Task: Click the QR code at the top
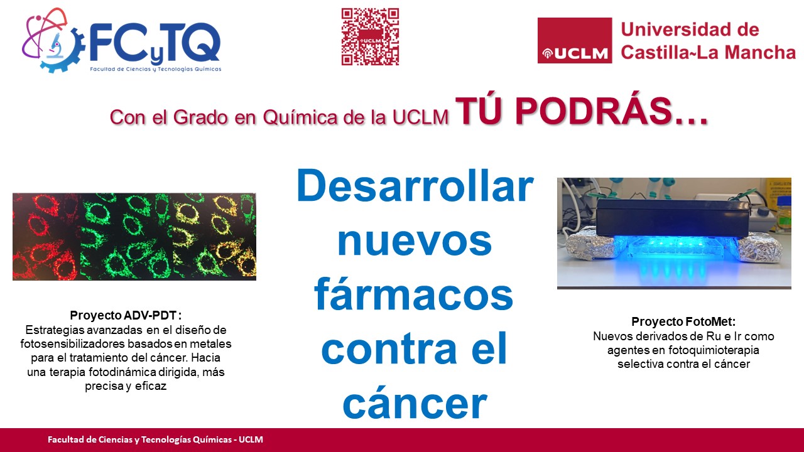tap(370, 36)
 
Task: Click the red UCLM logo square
tap(575, 41)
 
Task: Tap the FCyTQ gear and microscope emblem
tap(52, 41)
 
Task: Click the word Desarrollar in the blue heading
tap(415, 186)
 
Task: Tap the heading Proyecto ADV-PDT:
tap(126, 315)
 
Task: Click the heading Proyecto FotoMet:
tap(683, 321)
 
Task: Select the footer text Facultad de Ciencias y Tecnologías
tap(139, 440)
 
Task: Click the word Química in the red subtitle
tap(300, 117)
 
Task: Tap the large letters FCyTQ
tap(155, 42)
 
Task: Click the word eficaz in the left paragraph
tap(151, 386)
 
